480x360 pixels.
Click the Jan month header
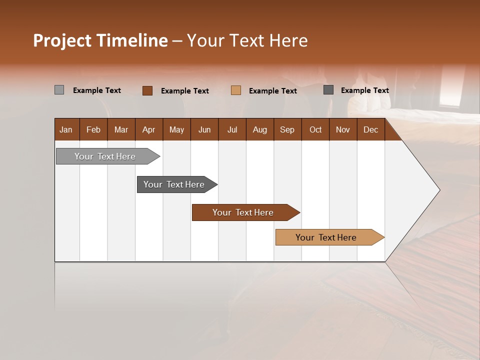[x=66, y=130]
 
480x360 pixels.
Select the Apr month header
[x=149, y=130]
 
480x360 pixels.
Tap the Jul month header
[x=232, y=130]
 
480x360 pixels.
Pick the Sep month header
[x=287, y=130]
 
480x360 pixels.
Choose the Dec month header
[x=370, y=130]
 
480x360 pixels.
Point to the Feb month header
[x=93, y=130]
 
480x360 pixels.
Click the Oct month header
[x=315, y=130]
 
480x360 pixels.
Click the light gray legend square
[x=59, y=90]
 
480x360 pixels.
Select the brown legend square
[x=147, y=90]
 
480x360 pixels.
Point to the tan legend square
[x=236, y=90]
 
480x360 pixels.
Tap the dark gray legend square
[x=328, y=90]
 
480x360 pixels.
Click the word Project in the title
[x=62, y=40]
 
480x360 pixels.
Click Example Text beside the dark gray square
[x=364, y=90]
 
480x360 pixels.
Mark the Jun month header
[x=204, y=130]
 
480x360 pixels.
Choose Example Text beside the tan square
[x=272, y=91]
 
